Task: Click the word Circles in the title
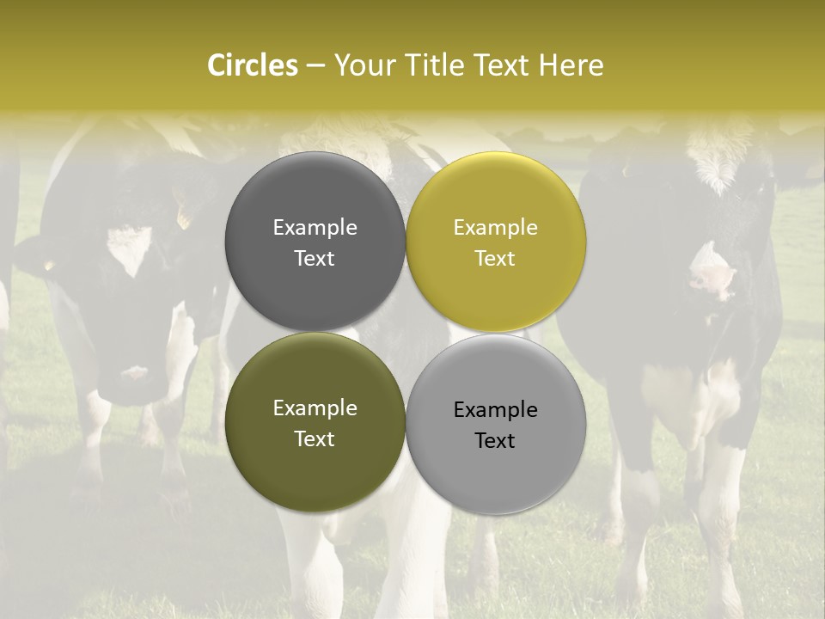[x=252, y=65]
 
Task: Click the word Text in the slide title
[x=503, y=65]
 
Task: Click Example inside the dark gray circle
[x=315, y=228]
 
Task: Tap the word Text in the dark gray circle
[x=315, y=259]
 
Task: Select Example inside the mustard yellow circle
[x=495, y=228]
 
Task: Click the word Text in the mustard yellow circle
[x=495, y=259]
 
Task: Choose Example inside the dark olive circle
[x=315, y=408]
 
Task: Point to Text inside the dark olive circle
[x=315, y=439]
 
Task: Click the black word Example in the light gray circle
[x=495, y=410]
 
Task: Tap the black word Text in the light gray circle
[x=495, y=441]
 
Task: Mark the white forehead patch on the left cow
[x=129, y=245]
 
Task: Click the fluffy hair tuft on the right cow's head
[x=718, y=163]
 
